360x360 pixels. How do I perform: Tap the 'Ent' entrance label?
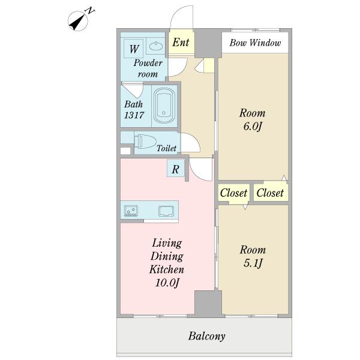(181, 43)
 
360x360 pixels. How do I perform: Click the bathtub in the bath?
(164, 106)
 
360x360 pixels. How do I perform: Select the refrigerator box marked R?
(175, 169)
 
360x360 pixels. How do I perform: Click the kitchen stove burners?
(131, 211)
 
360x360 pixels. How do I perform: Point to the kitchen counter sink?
(166, 211)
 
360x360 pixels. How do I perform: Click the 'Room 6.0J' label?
(252, 119)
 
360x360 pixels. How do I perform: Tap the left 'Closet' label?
(233, 193)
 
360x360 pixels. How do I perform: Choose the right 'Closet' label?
(270, 193)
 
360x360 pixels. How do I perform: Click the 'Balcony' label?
(206, 336)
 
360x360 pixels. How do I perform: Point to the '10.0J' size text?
(166, 282)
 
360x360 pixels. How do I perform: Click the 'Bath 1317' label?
(134, 109)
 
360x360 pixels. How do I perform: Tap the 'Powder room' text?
(147, 68)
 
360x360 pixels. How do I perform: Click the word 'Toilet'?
(166, 148)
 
